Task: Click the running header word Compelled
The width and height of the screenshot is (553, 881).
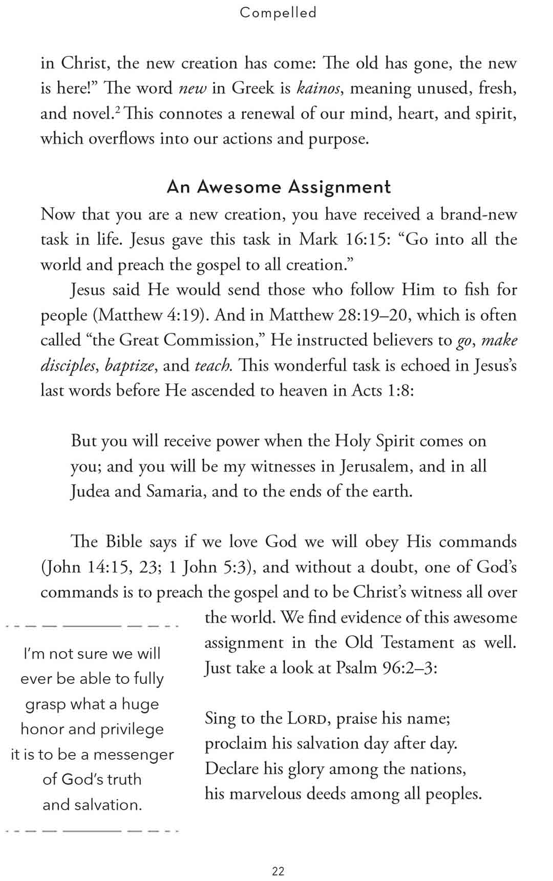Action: pos(278,12)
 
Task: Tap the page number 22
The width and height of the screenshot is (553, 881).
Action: pos(278,871)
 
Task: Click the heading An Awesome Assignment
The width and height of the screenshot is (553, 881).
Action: pos(279,187)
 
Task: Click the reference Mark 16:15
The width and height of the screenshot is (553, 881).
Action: pos(344,240)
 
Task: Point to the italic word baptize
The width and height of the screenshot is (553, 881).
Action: pos(130,366)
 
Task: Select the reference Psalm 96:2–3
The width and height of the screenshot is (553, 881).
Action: pos(386,668)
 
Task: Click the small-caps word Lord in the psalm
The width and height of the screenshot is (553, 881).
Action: pos(307,719)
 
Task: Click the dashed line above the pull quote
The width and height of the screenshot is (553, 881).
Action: pos(92,626)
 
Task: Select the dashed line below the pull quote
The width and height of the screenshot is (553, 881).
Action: pos(92,831)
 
